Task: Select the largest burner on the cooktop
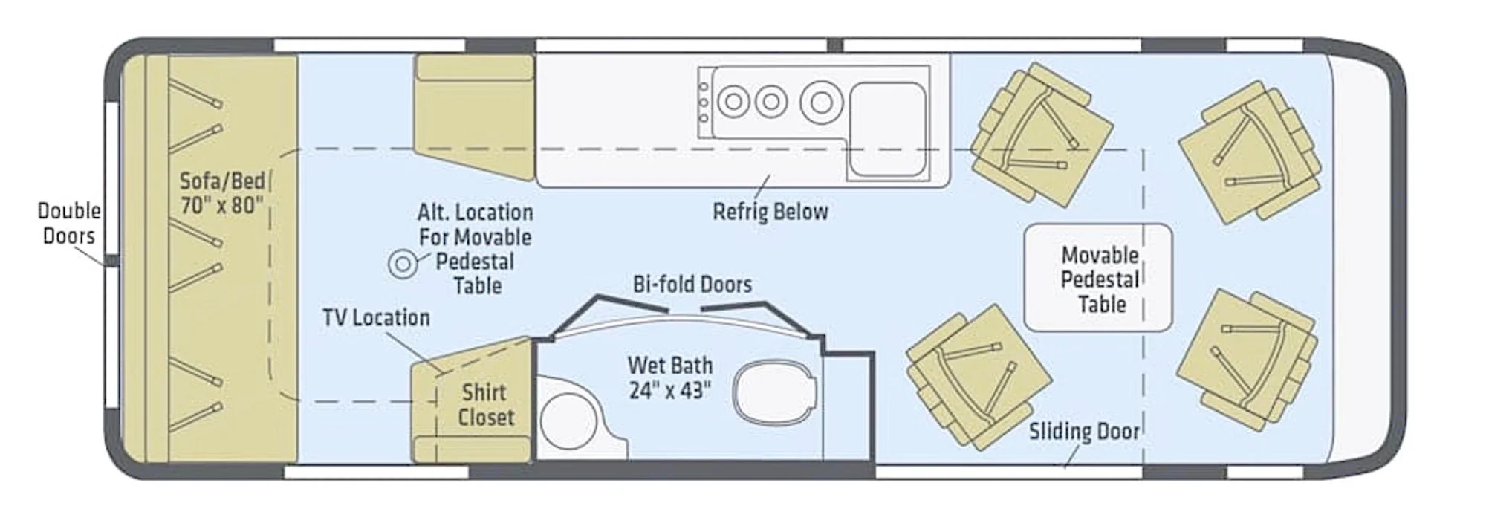(x=821, y=102)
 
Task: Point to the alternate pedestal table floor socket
(x=403, y=264)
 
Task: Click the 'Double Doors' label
(x=69, y=223)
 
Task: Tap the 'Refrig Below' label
(x=770, y=212)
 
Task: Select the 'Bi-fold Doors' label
(x=692, y=284)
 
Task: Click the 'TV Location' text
(x=376, y=318)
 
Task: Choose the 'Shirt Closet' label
(x=485, y=405)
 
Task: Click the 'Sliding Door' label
(x=1084, y=432)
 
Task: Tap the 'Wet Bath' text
(x=670, y=366)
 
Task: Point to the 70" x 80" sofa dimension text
(x=222, y=205)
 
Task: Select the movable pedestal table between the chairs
(x=1098, y=278)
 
